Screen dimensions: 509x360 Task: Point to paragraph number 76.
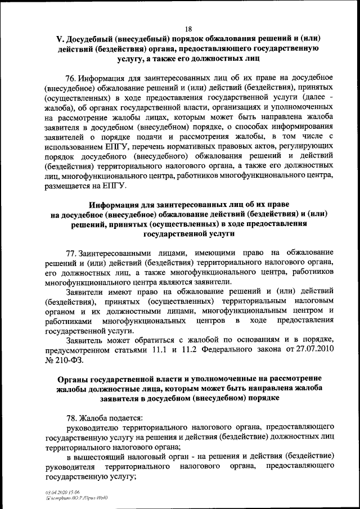(71, 77)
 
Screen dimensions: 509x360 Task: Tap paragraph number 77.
(71, 253)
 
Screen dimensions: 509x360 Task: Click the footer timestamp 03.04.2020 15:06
(62, 491)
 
